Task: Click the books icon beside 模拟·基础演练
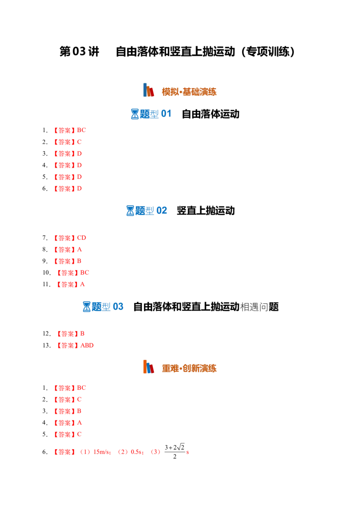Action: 148,90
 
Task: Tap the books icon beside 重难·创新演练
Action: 148,367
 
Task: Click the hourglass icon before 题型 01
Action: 135,114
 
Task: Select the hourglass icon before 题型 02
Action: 130,211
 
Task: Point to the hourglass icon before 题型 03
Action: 86,307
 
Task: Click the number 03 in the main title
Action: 79,52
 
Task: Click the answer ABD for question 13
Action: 87,345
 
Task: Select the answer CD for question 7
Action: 81,238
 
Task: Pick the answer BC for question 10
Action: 85,272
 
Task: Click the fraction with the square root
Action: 175,451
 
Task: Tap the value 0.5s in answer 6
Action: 136,452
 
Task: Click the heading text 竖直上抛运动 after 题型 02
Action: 206,211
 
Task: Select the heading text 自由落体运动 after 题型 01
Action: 211,114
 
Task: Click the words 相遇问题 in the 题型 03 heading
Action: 259,307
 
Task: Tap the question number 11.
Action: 46,284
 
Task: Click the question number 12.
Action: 46,334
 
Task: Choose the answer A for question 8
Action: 80,250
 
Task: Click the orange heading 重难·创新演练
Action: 189,368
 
